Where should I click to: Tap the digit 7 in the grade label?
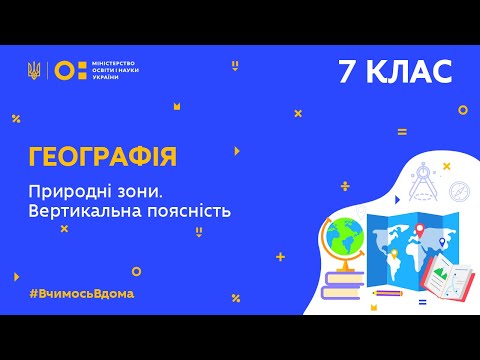[342, 72]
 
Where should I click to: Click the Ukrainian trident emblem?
[35, 70]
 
